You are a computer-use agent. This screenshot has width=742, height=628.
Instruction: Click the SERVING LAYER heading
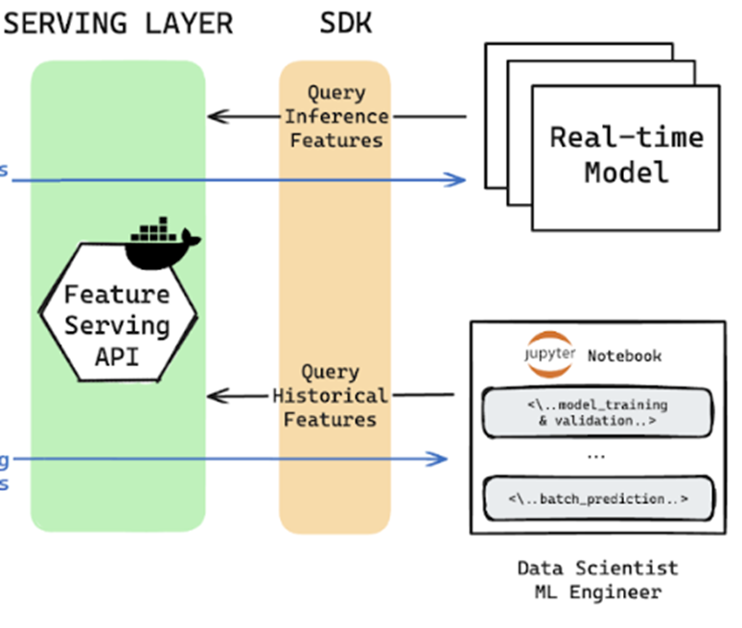pyautogui.click(x=119, y=24)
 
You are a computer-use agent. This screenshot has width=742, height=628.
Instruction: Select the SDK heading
pyautogui.click(x=345, y=24)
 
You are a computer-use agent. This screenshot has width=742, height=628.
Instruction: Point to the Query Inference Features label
pyautogui.click(x=336, y=117)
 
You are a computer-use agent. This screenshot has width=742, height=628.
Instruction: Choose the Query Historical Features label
pyautogui.click(x=331, y=395)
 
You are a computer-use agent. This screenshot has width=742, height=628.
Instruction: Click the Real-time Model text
pyautogui.click(x=626, y=154)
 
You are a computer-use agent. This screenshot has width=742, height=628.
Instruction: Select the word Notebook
pyautogui.click(x=624, y=356)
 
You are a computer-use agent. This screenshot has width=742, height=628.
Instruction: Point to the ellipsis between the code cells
pyautogui.click(x=596, y=455)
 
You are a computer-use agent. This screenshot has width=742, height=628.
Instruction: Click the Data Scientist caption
pyautogui.click(x=597, y=568)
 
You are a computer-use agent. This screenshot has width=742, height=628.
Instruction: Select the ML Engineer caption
pyautogui.click(x=597, y=592)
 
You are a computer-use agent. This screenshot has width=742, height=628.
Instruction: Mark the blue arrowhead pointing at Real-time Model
pyautogui.click(x=459, y=179)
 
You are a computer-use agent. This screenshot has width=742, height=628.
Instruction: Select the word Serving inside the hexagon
pyautogui.click(x=118, y=325)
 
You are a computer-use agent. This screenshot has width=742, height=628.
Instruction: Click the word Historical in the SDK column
pyautogui.click(x=331, y=395)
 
